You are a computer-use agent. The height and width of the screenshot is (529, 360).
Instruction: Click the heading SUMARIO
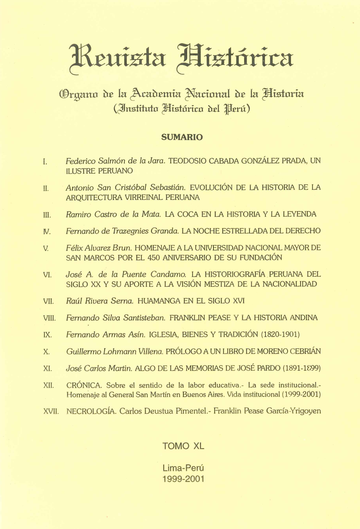point(180,137)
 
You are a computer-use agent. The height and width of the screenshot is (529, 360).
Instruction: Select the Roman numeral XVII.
point(51,411)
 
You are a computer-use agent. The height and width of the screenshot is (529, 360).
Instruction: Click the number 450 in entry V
point(197,257)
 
